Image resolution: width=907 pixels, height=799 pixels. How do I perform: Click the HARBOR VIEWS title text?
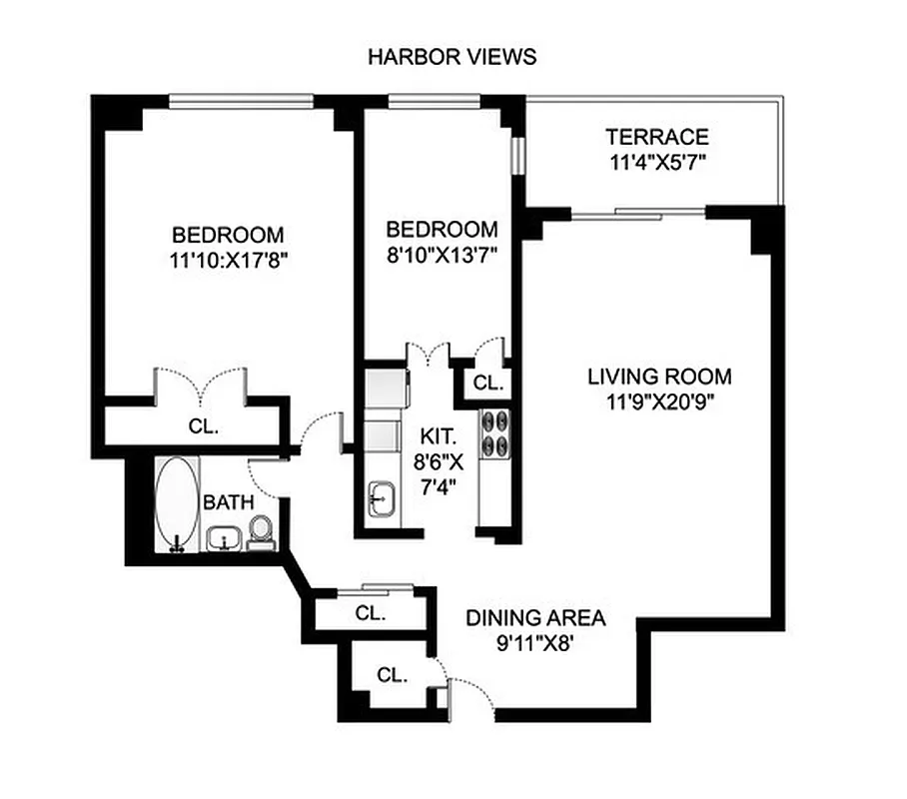click(x=452, y=56)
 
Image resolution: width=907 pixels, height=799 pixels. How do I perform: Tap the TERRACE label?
click(x=657, y=138)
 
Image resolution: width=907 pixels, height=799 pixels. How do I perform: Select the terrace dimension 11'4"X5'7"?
click(x=657, y=163)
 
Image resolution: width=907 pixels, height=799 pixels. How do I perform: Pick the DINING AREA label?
click(x=535, y=617)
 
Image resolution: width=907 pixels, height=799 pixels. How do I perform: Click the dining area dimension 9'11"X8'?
click(x=535, y=643)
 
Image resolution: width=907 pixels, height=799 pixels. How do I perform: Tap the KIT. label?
click(x=438, y=436)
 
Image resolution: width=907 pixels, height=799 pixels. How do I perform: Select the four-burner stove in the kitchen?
click(x=495, y=433)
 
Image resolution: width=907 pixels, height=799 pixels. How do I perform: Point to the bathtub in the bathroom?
click(x=177, y=503)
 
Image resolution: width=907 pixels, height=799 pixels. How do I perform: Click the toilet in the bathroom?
click(x=261, y=531)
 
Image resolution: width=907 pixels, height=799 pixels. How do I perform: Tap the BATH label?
click(x=229, y=502)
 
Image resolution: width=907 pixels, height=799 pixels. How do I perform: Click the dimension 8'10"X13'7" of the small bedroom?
click(x=442, y=254)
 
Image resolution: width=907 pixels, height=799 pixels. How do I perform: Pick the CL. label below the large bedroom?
click(x=204, y=424)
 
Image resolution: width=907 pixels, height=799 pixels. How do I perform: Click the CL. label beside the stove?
click(x=487, y=383)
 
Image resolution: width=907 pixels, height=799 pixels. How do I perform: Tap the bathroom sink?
click(x=224, y=540)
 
